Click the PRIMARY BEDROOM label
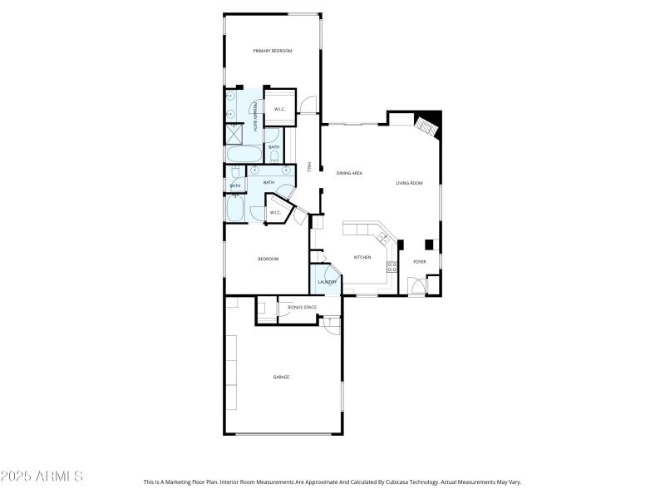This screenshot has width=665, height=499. (273, 52)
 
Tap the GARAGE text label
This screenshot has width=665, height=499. (282, 377)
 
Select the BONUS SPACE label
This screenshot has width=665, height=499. (302, 308)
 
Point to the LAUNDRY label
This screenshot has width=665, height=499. (327, 282)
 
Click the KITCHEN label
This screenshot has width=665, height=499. (362, 258)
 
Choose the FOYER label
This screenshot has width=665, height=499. (420, 262)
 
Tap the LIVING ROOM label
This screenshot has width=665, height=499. (410, 183)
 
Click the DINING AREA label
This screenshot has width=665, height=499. (349, 173)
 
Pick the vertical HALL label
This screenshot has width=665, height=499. (309, 167)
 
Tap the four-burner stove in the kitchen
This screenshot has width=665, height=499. (392, 266)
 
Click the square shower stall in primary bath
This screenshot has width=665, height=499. (234, 135)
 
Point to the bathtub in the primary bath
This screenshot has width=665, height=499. (243, 156)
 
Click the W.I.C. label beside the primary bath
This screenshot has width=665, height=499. (280, 109)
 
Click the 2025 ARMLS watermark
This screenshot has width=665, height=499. (42, 477)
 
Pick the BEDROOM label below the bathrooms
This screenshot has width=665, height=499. (268, 259)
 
